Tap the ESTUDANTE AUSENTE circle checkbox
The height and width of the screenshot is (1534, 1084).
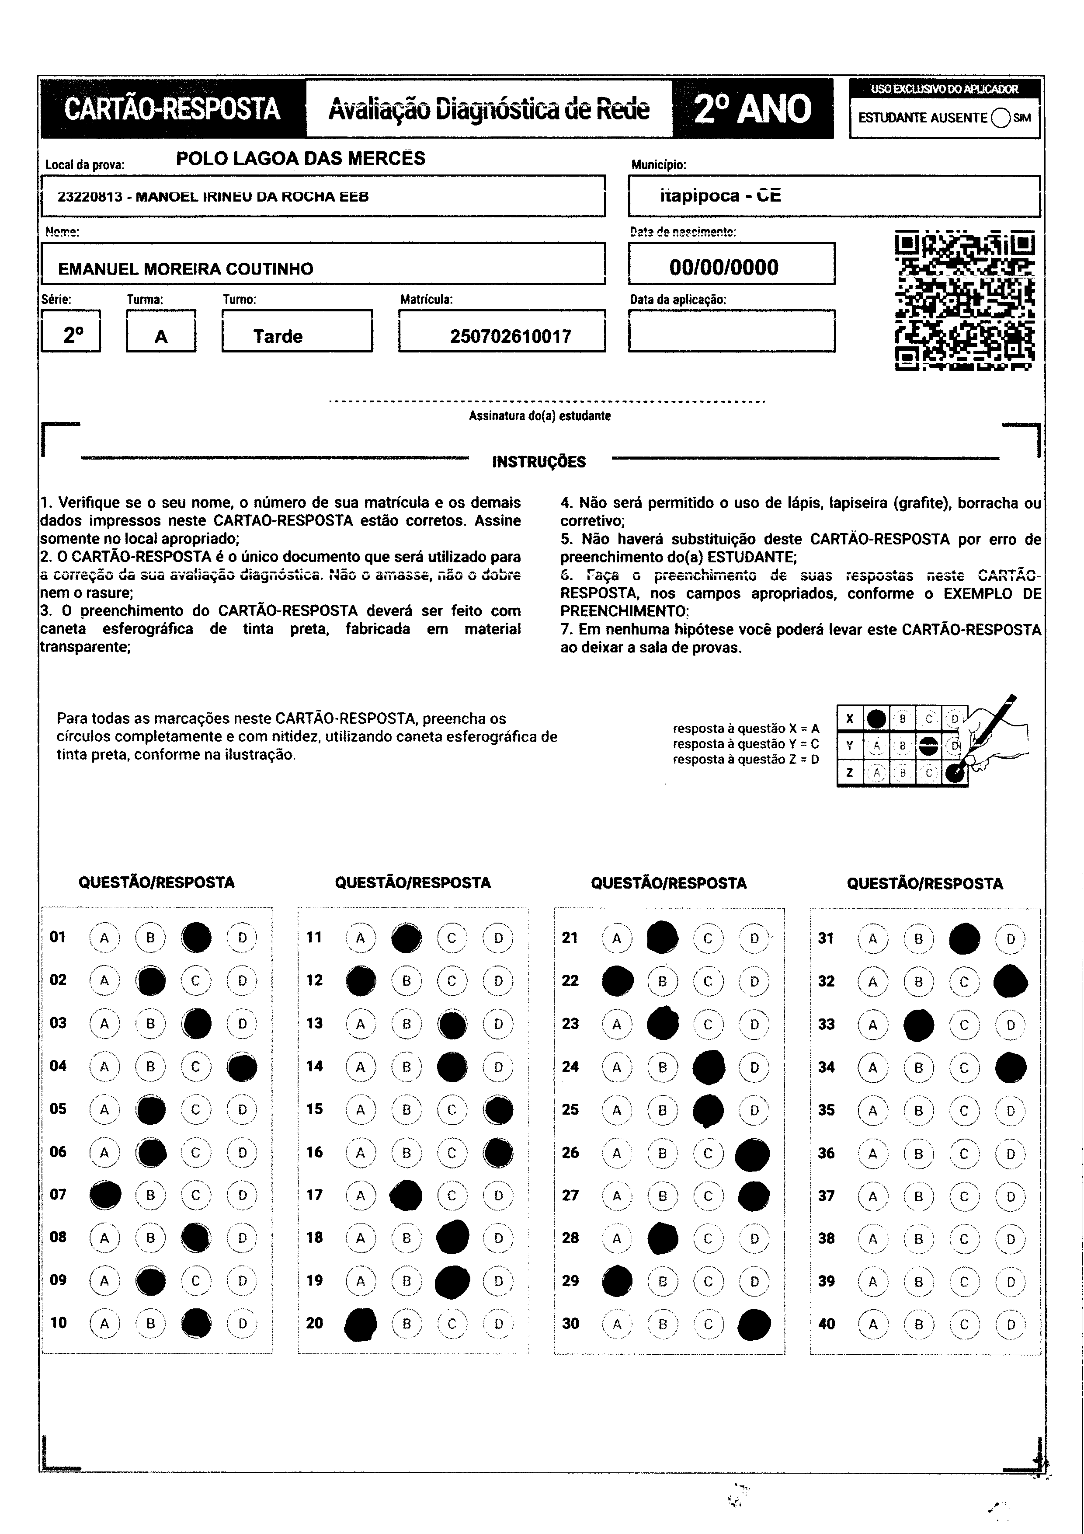[1001, 118]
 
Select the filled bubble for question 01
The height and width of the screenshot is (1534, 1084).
[196, 938]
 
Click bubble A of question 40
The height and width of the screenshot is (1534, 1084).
[872, 1324]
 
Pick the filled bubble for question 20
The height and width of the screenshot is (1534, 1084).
[361, 1324]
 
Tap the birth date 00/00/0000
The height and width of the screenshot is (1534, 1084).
[723, 267]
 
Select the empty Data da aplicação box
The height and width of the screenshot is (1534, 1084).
[731, 331]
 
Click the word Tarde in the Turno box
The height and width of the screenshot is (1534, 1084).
[278, 336]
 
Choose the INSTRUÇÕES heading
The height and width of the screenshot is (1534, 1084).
[539, 462]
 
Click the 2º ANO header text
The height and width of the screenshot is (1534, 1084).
[753, 109]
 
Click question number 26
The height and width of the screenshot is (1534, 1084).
[570, 1153]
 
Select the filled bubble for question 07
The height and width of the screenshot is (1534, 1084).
[105, 1195]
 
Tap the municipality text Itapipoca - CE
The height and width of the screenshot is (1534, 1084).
[720, 196]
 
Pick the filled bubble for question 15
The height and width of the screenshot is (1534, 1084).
[498, 1110]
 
